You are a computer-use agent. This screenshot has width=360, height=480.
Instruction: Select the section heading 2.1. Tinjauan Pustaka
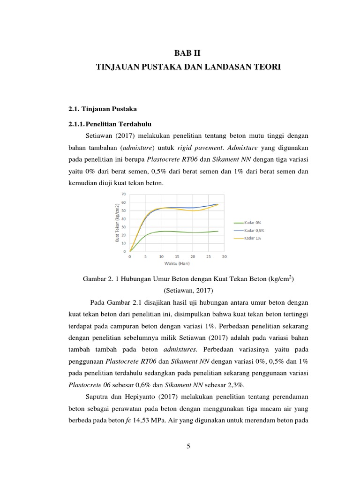pos(103,109)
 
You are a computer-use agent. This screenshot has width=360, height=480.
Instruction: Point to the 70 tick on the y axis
pos(124,194)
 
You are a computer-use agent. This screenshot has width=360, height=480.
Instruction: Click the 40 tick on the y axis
pos(124,218)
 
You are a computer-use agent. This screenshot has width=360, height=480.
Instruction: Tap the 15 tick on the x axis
pos(177,257)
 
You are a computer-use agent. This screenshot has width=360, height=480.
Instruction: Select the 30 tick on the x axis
pos(224,257)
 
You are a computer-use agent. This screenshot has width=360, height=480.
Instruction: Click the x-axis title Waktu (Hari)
pos(177,263)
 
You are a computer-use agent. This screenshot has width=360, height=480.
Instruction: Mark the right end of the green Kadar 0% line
pos(218,231)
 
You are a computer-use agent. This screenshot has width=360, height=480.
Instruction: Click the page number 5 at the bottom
pos(187,446)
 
